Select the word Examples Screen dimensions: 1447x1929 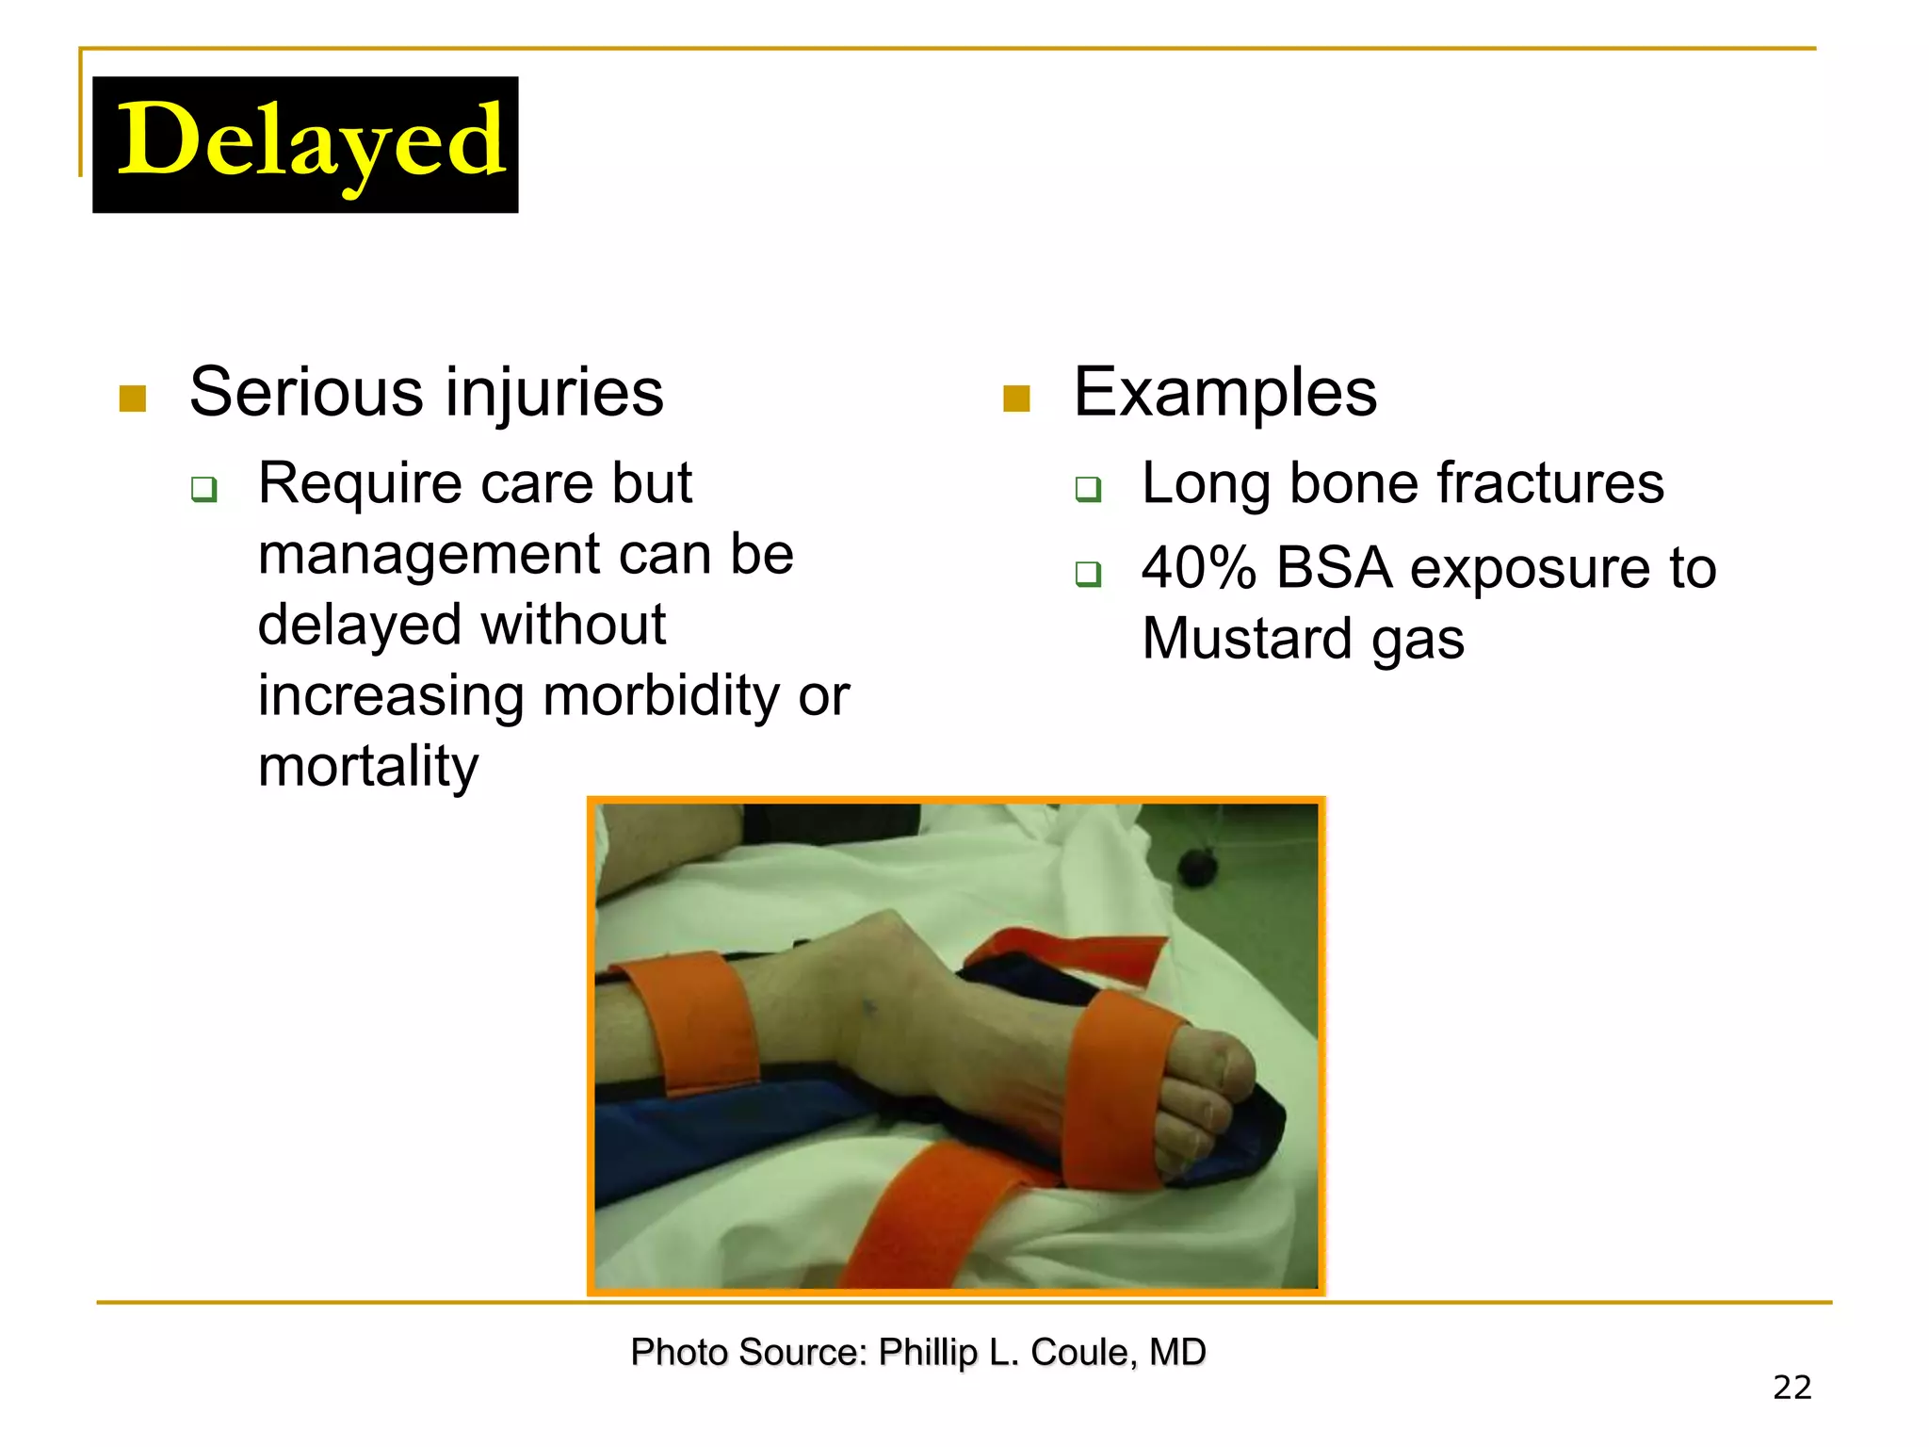1224,392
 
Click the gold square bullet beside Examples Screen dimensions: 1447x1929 1016,399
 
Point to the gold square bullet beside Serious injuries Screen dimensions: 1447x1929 133,399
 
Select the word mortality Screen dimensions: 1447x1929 368,767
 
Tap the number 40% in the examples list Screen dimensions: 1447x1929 1198,569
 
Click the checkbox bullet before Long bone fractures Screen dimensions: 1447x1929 1088,489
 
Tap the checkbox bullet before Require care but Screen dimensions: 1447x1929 204,489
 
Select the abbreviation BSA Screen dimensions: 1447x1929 1334,569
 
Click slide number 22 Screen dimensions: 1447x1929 1791,1388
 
